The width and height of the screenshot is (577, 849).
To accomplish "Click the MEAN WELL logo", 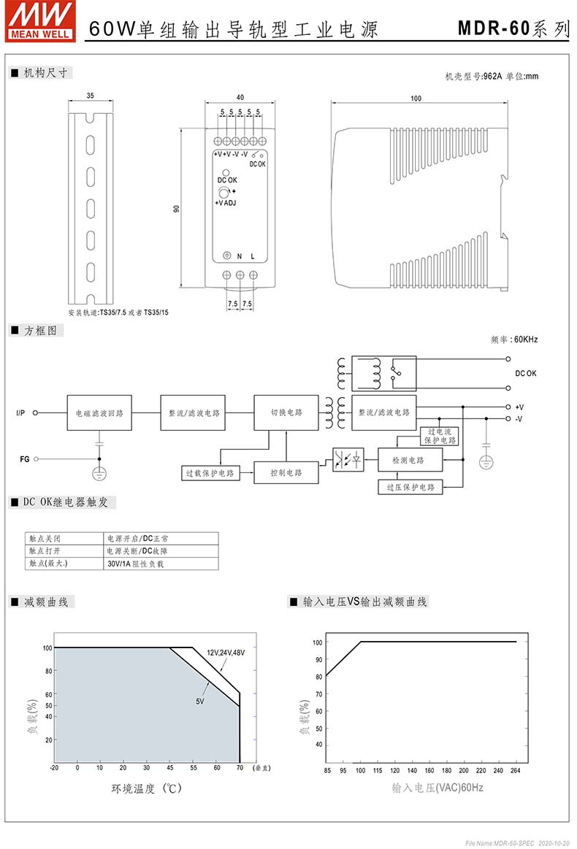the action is coord(41,21).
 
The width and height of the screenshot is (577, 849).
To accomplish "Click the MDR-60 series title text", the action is coord(513,28).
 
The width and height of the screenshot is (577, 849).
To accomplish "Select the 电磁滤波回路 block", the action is coord(99,412).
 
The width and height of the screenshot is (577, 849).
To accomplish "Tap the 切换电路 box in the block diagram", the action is coord(286,412).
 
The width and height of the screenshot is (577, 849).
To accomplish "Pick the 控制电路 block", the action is coord(286,473).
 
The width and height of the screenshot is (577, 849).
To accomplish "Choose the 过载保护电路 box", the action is coord(210,473).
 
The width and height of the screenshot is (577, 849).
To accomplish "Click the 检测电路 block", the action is coord(410,460).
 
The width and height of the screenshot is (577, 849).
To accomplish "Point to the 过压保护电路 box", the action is coord(410,488).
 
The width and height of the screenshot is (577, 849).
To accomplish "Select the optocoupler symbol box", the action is coord(348,460).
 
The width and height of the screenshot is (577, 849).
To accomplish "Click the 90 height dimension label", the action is coord(176,209).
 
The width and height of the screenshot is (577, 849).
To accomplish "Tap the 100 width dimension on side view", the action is coord(416,98).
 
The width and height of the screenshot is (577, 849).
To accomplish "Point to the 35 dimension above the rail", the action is coord(90,96).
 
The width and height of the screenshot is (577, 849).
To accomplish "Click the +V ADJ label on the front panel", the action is coord(226,203).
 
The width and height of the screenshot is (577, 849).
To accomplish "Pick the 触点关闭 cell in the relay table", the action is coord(64,539).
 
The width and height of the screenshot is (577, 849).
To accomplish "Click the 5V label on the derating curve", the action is coord(200,702).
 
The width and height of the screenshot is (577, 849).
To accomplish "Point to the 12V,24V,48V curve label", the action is coord(226,653).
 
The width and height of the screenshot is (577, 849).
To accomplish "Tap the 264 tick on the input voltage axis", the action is coord(515,770).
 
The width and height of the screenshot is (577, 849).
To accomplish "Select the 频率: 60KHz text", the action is coord(514,339).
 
